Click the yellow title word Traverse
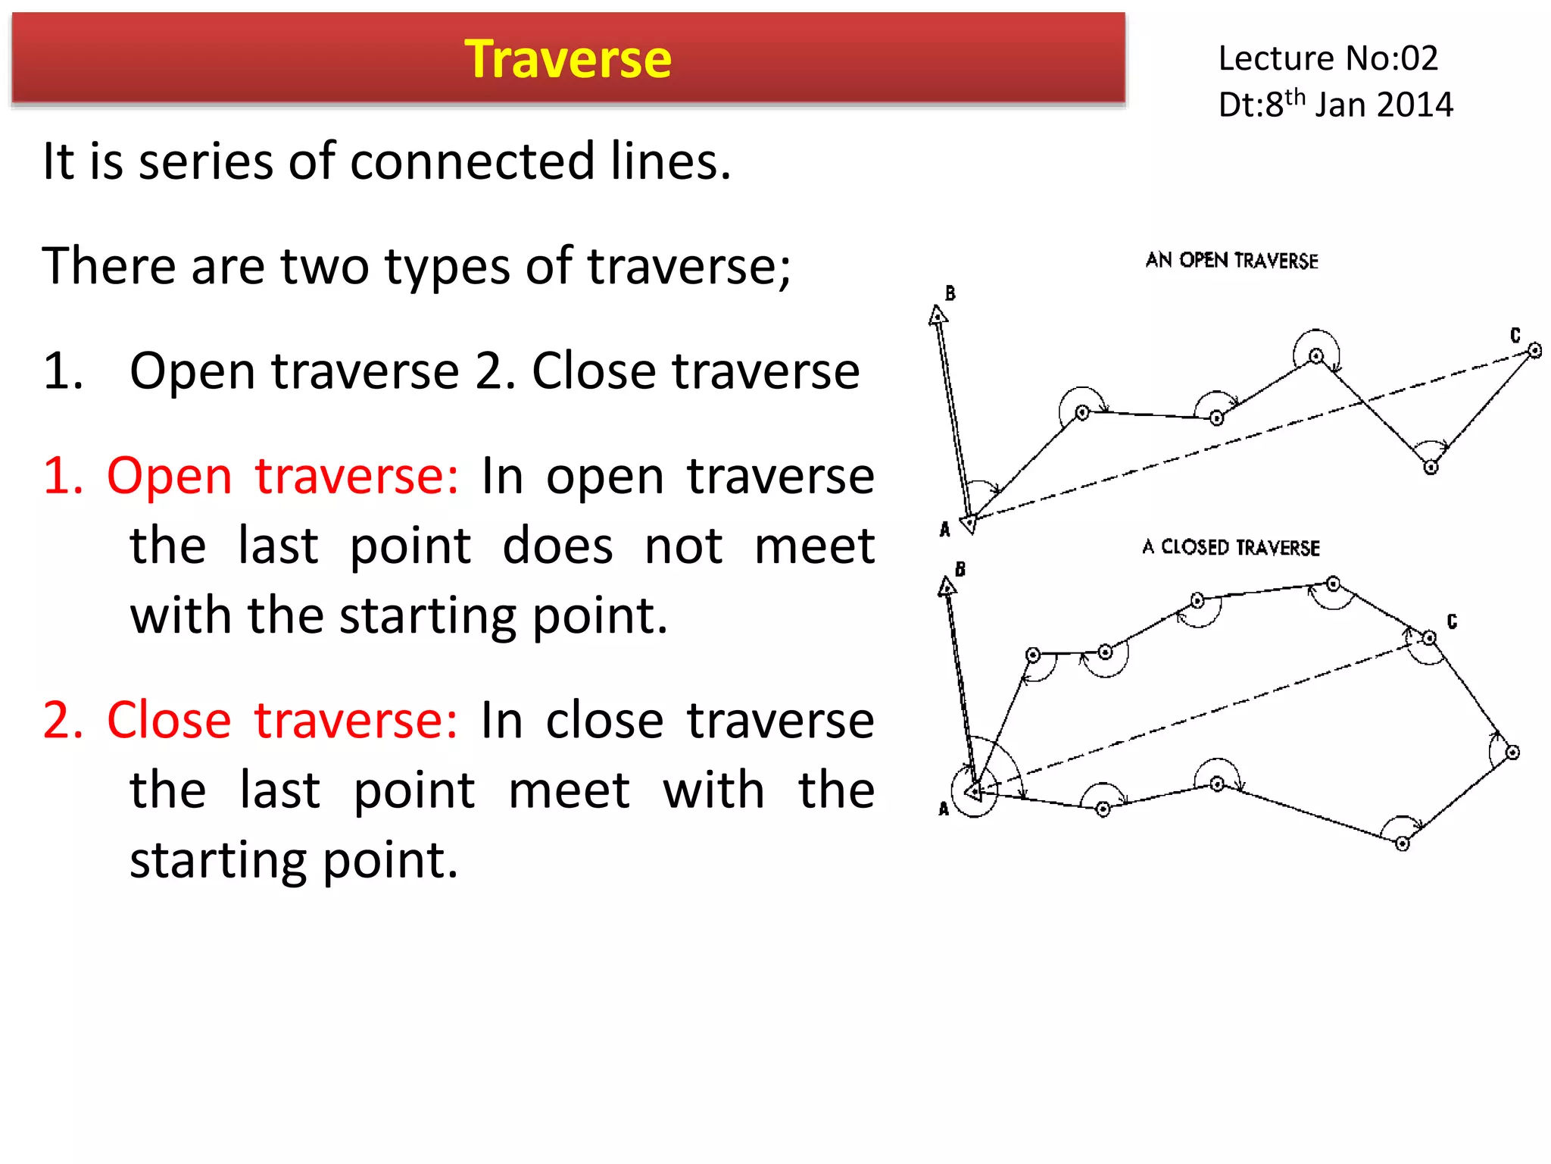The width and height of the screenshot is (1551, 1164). [567, 59]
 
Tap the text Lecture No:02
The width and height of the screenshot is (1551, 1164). [1328, 58]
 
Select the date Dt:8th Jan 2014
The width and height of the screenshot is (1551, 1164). [1335, 105]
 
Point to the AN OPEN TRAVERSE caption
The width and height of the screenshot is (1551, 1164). [1231, 261]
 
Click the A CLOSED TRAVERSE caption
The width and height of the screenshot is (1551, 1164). [1231, 547]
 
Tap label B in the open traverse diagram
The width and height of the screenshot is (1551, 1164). [950, 293]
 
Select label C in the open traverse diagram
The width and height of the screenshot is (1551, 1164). [1515, 335]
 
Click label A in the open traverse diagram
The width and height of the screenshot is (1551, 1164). [944, 529]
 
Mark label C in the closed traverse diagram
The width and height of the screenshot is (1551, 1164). [1452, 621]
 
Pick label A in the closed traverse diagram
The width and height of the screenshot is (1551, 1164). [944, 809]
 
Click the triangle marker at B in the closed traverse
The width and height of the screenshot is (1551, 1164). [947, 587]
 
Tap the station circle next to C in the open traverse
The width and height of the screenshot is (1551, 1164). [1534, 350]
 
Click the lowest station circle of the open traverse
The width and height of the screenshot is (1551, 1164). [1431, 467]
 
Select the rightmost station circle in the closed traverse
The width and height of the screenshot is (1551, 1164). [1512, 752]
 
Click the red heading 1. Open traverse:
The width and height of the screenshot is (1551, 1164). [251, 476]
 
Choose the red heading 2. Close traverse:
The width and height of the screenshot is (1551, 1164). [251, 720]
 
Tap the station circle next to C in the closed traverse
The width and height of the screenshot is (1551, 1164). [1429, 638]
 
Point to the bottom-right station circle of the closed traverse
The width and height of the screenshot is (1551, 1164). [1402, 843]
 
